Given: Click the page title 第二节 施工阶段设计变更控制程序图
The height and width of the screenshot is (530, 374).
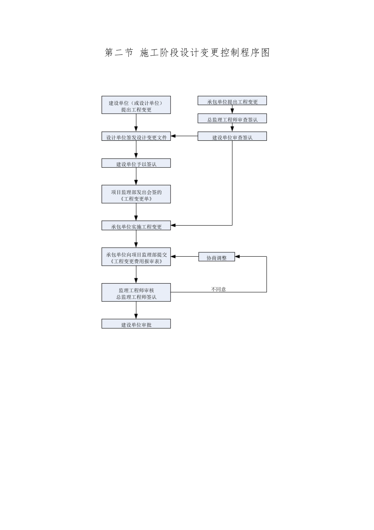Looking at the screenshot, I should (x=187, y=53).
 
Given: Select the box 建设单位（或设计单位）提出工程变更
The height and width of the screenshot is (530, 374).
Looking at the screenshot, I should (x=136, y=105).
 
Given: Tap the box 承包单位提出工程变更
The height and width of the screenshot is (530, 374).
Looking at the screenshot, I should (x=232, y=101).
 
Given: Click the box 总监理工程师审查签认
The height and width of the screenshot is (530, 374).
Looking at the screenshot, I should (x=232, y=119).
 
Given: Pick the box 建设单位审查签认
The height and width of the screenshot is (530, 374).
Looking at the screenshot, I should (x=232, y=136).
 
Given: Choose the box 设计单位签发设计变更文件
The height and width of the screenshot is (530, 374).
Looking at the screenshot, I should (x=136, y=136).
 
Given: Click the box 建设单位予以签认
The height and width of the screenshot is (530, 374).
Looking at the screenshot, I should (x=136, y=163).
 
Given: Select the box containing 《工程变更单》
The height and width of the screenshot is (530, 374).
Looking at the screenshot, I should (x=136, y=194).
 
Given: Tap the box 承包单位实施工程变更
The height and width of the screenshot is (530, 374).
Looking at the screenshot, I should (x=136, y=226).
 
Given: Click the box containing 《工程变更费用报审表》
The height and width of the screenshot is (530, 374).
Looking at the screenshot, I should (x=136, y=257).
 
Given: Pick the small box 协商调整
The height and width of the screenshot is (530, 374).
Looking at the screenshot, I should (x=217, y=257).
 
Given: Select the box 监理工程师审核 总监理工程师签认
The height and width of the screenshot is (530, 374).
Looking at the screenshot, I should (x=136, y=293).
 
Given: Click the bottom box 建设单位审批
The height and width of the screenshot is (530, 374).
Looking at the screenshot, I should (x=136, y=324).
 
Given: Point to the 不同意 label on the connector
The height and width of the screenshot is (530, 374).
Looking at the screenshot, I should (x=218, y=289).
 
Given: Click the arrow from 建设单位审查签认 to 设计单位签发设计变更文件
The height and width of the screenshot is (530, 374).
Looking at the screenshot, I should (x=184, y=136).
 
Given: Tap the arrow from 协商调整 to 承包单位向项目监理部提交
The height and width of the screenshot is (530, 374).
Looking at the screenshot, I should (x=184, y=257).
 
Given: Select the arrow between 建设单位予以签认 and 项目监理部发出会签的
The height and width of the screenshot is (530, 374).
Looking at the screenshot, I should (x=136, y=176).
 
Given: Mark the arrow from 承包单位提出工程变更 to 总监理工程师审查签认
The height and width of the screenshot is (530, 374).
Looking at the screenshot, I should (x=232, y=110).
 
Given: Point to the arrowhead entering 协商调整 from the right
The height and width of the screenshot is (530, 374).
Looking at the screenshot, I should (x=237, y=257).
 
